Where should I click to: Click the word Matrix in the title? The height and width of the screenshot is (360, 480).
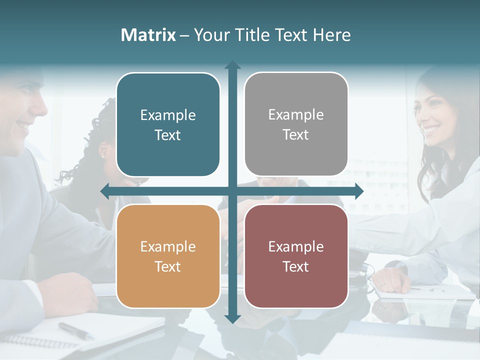point(148,35)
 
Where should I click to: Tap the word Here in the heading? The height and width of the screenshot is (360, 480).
point(331,35)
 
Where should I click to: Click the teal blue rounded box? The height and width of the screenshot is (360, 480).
point(168,125)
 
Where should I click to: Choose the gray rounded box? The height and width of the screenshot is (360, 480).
point(296,124)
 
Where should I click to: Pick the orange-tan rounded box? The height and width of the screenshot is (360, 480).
point(168,256)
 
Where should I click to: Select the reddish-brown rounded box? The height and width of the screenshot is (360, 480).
point(296,256)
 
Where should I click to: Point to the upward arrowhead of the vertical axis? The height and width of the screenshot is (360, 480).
point(232,65)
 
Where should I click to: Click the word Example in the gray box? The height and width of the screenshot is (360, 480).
point(296,115)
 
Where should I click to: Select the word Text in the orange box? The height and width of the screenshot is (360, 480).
point(168,266)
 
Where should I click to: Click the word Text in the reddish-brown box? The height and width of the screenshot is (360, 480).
point(296,266)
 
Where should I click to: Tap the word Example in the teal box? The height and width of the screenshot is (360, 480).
point(168,115)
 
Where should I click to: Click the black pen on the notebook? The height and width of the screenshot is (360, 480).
point(75,330)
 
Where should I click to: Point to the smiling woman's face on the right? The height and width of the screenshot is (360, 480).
point(433,120)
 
